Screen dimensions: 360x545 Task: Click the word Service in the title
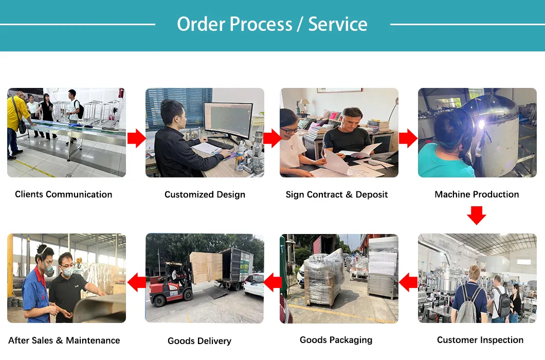pos(338,24)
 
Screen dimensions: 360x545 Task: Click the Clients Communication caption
pos(63,194)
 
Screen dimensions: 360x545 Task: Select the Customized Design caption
pos(205,195)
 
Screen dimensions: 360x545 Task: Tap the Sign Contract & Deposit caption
pos(337,195)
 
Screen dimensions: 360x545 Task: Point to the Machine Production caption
pos(477,194)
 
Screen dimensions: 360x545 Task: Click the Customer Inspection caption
pos(480,340)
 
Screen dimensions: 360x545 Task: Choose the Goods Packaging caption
pos(336,340)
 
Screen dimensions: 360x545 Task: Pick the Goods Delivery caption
pos(199,341)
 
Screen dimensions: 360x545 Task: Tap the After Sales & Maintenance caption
pos(64,340)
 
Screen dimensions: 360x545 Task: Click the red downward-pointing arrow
pos(477,215)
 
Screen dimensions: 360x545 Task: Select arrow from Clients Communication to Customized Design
pos(136,138)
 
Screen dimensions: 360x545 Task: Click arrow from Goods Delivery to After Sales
pos(136,282)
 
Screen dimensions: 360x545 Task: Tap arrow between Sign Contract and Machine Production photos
pos(408,138)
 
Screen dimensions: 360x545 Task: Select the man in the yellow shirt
pos(17,121)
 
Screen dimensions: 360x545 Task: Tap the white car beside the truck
pos(254,284)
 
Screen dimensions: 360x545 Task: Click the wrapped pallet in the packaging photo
pos(323,278)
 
